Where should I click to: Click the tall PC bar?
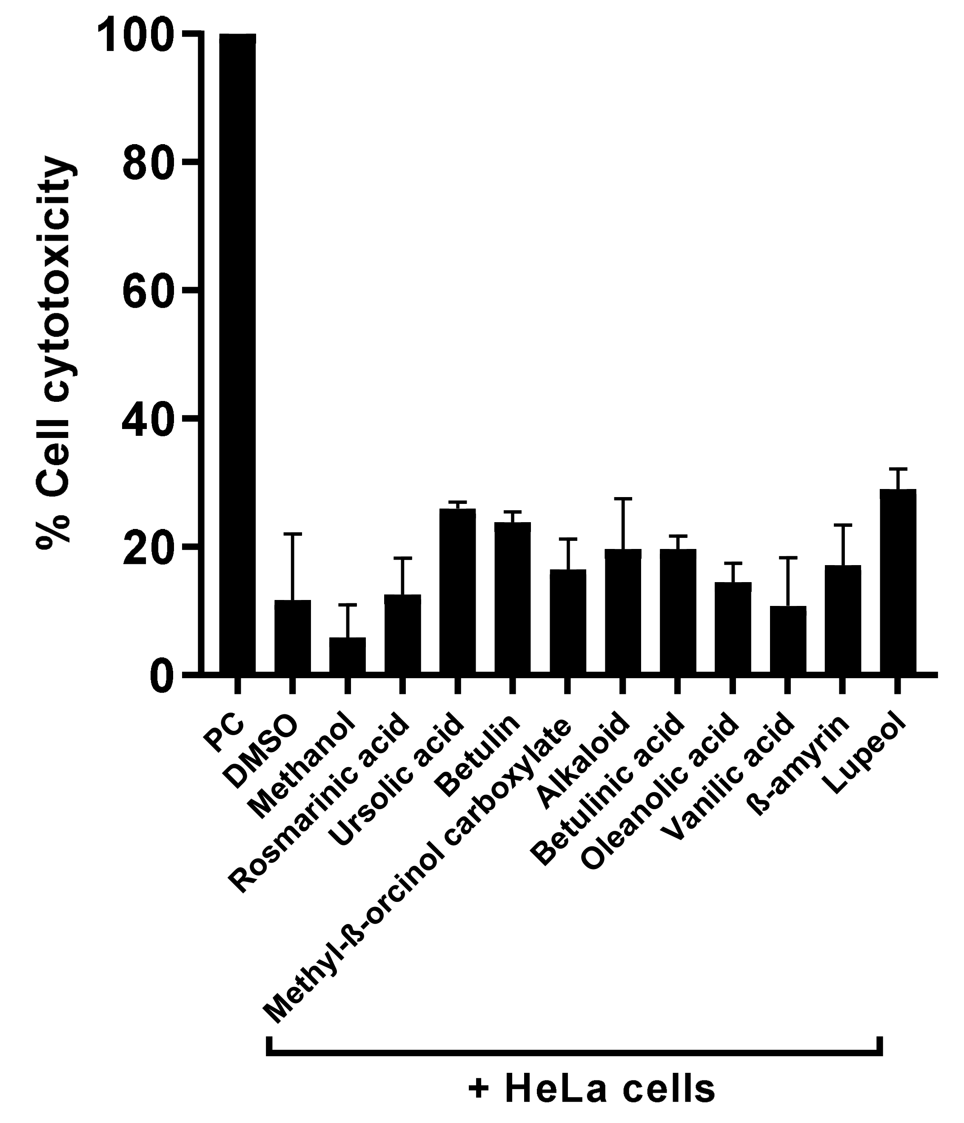237,352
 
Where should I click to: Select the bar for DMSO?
293,637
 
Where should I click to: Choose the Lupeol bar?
898,582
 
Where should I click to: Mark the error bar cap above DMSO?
293,534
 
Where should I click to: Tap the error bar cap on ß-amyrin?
843,525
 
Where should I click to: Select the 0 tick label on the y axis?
162,675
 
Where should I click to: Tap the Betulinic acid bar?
678,612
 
